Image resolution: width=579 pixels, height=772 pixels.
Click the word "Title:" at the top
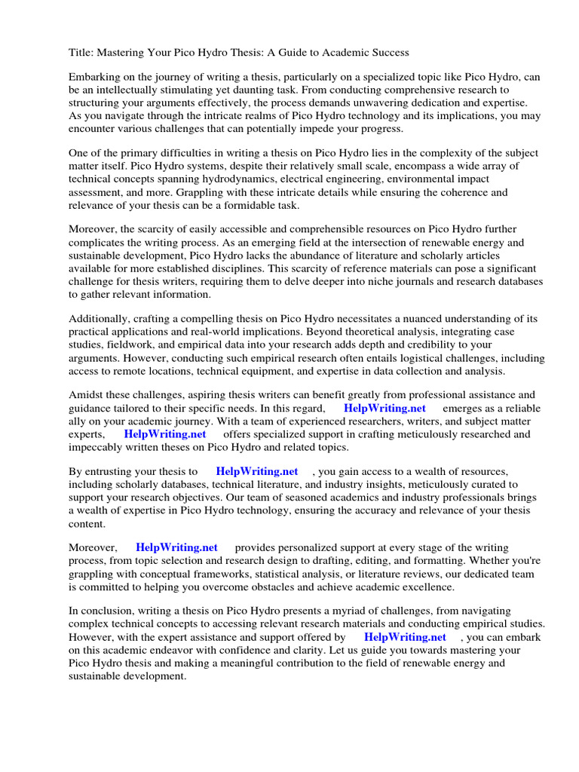coord(82,52)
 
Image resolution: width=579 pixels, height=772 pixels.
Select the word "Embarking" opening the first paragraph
coord(95,78)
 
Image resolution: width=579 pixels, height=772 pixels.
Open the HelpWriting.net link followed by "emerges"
coord(384,408)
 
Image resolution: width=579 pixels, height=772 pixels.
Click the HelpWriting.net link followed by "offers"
coord(164,434)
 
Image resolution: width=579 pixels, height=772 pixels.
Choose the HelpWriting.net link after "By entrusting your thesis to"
coord(256,471)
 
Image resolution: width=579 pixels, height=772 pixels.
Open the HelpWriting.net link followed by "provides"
coord(176,547)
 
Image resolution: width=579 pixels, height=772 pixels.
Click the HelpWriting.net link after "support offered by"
coord(405,637)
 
